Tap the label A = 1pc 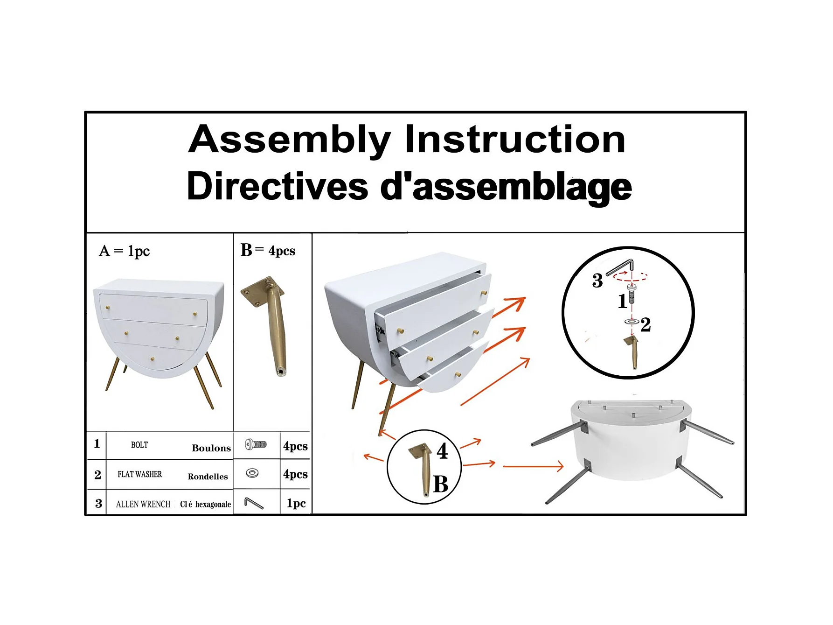pos(125,251)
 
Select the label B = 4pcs pos(268,250)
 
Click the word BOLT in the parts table pos(139,445)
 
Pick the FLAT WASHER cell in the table pos(140,474)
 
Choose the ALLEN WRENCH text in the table pos(143,504)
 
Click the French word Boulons pos(211,448)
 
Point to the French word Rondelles pos(208,477)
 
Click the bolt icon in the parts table pos(256,444)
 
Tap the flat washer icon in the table pos(252,473)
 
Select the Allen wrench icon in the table pos(254,503)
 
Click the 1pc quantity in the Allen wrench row pos(296,503)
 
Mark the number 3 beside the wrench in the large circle pos(597,281)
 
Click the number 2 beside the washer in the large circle pos(646,324)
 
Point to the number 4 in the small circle pos(442,451)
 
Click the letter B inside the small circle pos(441,484)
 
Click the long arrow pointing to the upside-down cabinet pos(533,466)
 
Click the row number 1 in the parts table pos(97,443)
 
